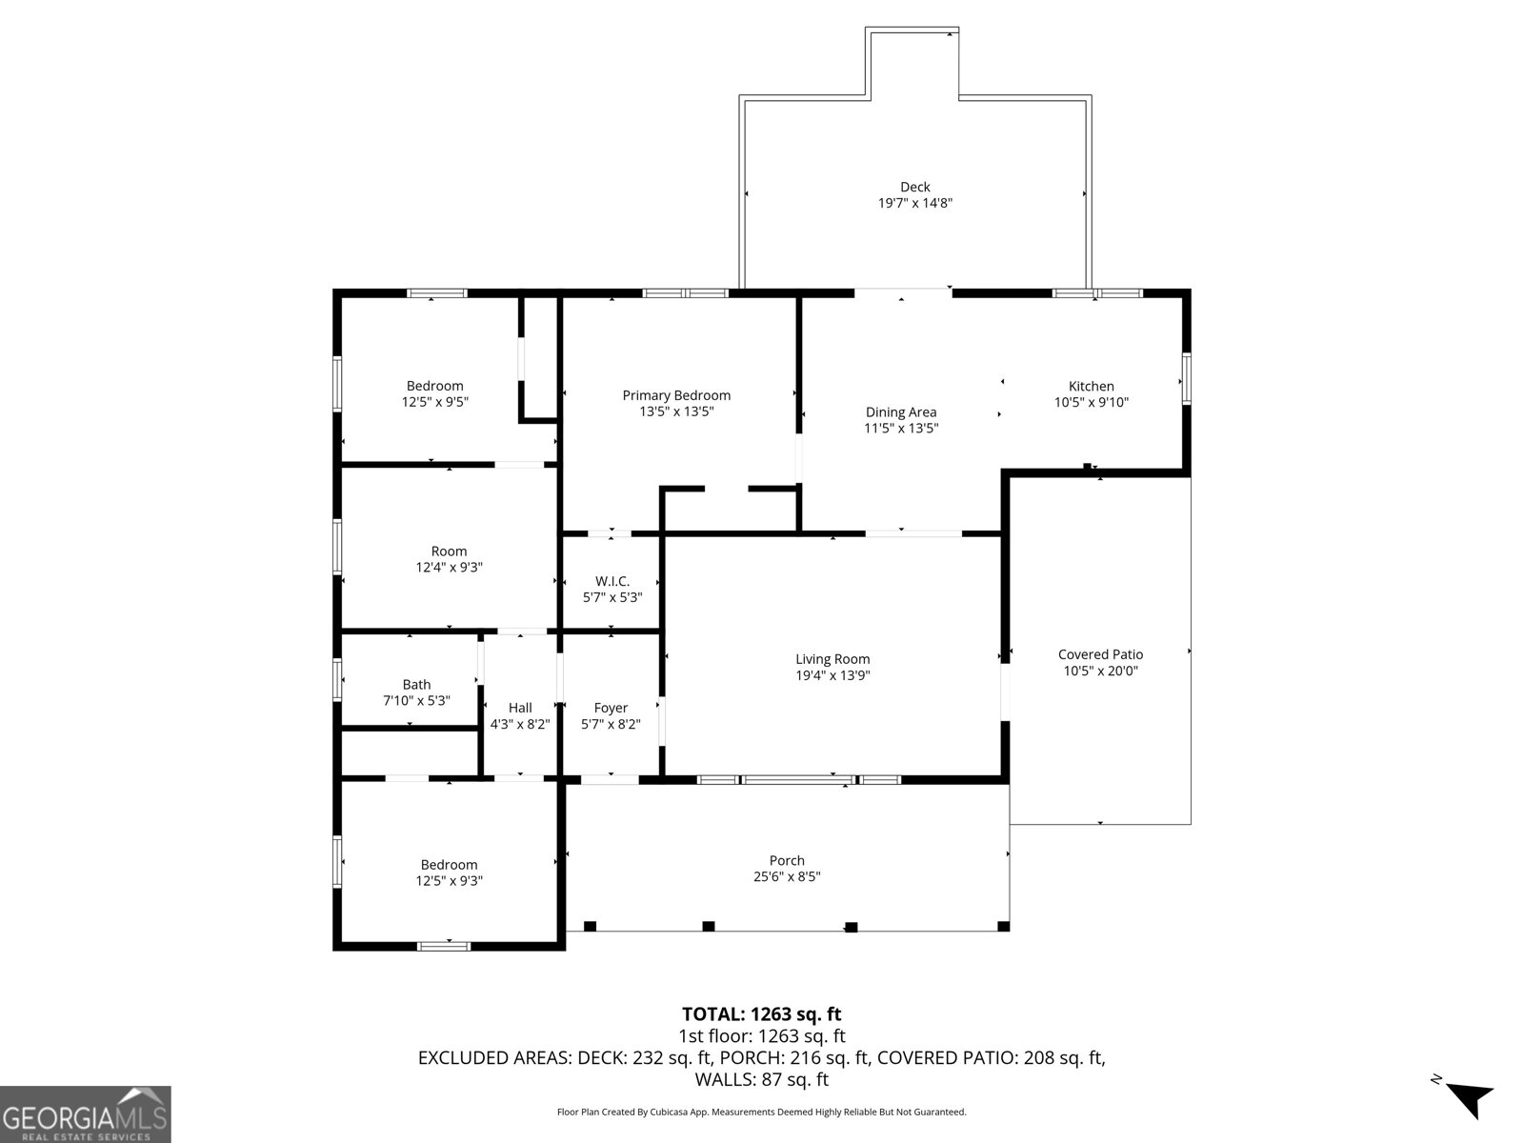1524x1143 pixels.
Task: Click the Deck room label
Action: (914, 187)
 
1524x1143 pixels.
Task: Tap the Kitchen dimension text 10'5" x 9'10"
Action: (1091, 402)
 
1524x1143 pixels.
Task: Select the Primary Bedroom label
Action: (676, 395)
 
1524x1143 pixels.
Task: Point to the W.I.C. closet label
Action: (612, 581)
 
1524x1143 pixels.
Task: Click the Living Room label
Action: (832, 659)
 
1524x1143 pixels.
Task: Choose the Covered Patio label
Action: (1100, 654)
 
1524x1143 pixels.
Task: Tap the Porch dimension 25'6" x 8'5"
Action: (787, 876)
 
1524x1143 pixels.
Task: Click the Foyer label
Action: (611, 708)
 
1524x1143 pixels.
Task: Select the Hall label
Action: (520, 708)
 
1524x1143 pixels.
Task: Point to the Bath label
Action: (416, 684)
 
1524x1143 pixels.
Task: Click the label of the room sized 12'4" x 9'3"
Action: (449, 551)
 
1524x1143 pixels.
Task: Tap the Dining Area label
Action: (900, 412)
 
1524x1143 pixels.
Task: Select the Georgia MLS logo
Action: (86, 1113)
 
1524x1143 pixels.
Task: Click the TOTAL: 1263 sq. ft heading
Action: (761, 1014)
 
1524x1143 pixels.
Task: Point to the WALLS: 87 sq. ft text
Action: (761, 1080)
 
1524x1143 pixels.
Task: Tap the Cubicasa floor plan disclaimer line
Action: (761, 1112)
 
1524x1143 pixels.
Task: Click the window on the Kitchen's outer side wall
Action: (1186, 378)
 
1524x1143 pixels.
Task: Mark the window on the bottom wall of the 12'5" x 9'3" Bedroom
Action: (444, 946)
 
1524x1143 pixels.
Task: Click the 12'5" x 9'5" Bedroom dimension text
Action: (434, 402)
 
